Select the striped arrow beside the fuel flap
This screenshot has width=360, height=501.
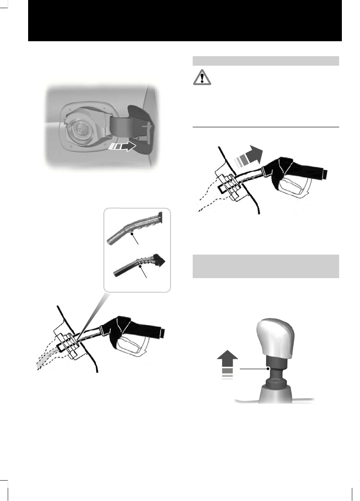pyautogui.click(x=122, y=146)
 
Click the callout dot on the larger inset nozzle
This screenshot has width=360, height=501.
pyautogui.click(x=131, y=234)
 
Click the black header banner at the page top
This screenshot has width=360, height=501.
pyautogui.click(x=185, y=21)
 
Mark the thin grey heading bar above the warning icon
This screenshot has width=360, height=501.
pyautogui.click(x=266, y=61)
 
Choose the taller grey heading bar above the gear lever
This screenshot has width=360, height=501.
pyautogui.click(x=266, y=266)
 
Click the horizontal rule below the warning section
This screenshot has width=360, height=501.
pyautogui.click(x=266, y=128)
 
